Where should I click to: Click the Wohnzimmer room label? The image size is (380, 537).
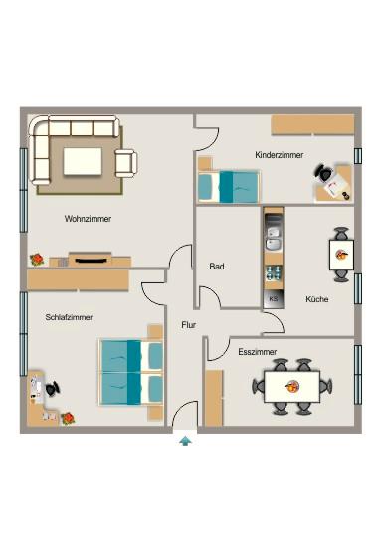click(x=88, y=218)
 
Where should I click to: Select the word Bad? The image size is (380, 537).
click(x=217, y=267)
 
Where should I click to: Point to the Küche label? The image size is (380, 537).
click(x=317, y=298)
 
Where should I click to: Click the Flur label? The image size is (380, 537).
click(x=189, y=325)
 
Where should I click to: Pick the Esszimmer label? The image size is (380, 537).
click(x=258, y=351)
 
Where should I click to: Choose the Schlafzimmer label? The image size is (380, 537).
click(x=69, y=317)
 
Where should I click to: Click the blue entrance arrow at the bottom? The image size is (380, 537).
click(x=185, y=440)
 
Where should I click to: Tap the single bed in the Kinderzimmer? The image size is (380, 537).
click(x=229, y=185)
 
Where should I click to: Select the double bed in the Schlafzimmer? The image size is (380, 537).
click(x=131, y=371)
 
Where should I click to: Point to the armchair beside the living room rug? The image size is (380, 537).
click(x=126, y=162)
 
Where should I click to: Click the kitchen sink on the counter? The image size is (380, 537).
click(x=274, y=239)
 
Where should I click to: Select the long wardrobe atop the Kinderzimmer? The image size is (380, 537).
click(x=311, y=124)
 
